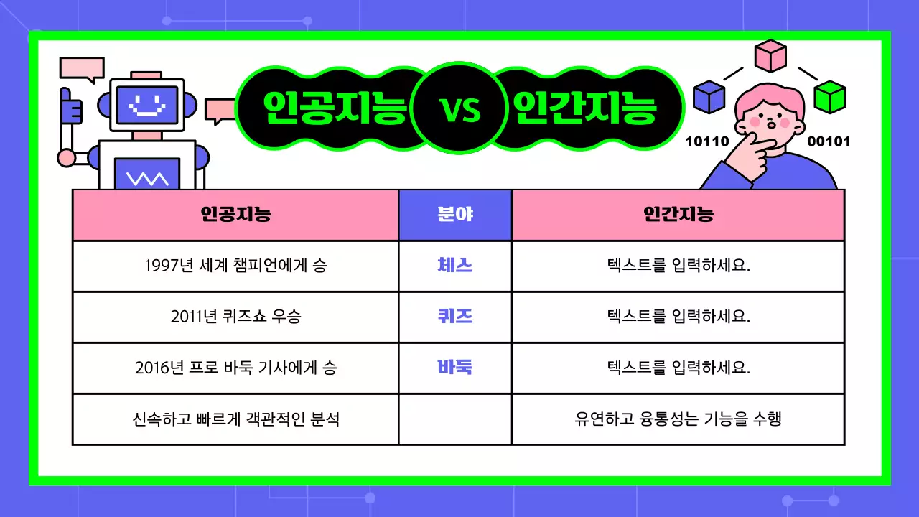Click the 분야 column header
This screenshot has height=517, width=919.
(x=455, y=215)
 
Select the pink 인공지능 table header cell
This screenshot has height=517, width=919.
(x=235, y=215)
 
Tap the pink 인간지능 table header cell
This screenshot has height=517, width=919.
(x=678, y=215)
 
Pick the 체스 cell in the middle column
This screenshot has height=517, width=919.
(x=455, y=266)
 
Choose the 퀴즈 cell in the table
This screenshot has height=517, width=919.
(x=455, y=317)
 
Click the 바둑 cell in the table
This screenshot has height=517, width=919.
(x=455, y=368)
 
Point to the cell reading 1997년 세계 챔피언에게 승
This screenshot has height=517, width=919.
(x=235, y=266)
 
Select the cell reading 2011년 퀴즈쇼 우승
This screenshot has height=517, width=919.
(x=235, y=317)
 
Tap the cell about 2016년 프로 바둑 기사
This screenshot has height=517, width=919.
(x=235, y=368)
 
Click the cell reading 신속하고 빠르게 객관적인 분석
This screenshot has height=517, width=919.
(x=235, y=419)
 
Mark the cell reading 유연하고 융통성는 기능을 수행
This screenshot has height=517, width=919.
(x=678, y=419)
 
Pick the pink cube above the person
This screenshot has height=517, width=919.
(x=770, y=55)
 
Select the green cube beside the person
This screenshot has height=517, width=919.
(x=830, y=96)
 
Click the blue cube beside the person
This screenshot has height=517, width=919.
(x=709, y=96)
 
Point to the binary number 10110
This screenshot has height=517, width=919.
(x=706, y=141)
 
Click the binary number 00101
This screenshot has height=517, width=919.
(x=829, y=141)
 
